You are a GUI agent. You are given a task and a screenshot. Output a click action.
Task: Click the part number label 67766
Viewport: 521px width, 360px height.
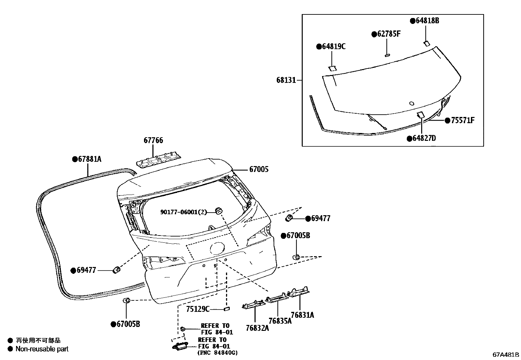153,140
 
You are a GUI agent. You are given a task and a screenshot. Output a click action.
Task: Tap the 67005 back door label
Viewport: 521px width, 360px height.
259,169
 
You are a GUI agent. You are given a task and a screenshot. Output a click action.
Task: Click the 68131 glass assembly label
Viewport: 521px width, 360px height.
286,80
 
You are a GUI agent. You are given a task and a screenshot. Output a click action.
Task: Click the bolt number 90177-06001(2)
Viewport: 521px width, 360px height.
184,212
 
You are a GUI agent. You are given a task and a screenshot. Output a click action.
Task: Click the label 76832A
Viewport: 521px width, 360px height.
258,328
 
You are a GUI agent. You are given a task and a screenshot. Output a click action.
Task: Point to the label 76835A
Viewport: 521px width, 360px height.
280,321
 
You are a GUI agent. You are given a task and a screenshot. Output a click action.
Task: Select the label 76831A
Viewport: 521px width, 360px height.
302,315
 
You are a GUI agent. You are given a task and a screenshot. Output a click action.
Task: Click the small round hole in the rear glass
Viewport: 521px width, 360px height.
412,104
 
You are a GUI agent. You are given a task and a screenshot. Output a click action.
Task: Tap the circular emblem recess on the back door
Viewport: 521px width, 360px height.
217,248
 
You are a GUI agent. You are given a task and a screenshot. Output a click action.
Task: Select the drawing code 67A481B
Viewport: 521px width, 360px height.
506,354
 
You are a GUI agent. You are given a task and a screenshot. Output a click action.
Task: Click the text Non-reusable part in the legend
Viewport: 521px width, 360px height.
42,349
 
